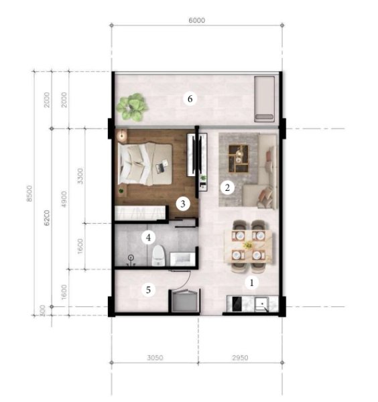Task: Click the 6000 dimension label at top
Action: click(x=196, y=20)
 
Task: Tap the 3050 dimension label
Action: click(x=155, y=357)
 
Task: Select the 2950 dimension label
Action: click(x=240, y=357)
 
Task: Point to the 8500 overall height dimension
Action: click(x=29, y=194)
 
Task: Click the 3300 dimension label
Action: click(x=80, y=176)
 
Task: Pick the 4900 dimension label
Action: click(x=64, y=199)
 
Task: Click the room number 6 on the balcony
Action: click(x=190, y=98)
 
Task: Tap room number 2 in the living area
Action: click(x=227, y=188)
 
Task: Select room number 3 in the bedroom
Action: click(x=183, y=204)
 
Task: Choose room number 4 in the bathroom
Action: click(x=148, y=238)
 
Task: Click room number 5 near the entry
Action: click(x=148, y=290)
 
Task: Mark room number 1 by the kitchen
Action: click(x=251, y=283)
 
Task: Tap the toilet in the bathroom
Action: click(x=157, y=255)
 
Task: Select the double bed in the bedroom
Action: click(x=145, y=164)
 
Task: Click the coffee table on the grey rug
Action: click(x=239, y=158)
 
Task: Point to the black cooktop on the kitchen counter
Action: click(x=237, y=304)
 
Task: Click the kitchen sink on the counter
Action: click(x=261, y=304)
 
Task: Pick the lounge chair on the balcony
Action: click(x=264, y=99)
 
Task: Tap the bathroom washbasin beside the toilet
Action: click(x=182, y=259)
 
